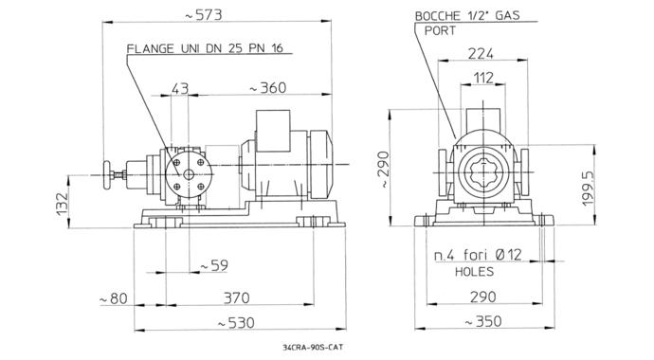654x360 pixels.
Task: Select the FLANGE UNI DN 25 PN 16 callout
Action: pyautogui.click(x=205, y=48)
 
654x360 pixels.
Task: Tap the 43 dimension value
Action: pyautogui.click(x=180, y=88)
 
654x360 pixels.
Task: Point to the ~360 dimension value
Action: pyautogui.click(x=268, y=88)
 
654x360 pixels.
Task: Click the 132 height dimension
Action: pyautogui.click(x=63, y=205)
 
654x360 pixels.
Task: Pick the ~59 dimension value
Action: pyautogui.click(x=214, y=265)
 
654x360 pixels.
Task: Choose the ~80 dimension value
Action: pyautogui.click(x=113, y=298)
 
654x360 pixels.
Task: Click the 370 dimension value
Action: pyautogui.click(x=237, y=297)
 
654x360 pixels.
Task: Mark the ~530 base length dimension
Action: pyautogui.click(x=236, y=323)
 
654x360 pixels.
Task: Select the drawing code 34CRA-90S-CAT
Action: pyautogui.click(x=313, y=347)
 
